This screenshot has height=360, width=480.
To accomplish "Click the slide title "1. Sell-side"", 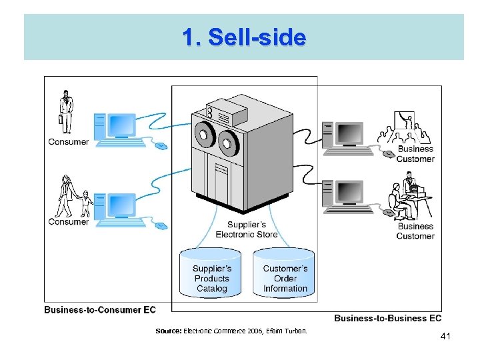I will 244,37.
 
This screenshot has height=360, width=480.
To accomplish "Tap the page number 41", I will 445,337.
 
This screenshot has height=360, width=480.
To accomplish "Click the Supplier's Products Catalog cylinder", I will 211,273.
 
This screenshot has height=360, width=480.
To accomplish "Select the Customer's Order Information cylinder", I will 285,273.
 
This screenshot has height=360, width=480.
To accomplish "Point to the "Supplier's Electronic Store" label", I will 246,229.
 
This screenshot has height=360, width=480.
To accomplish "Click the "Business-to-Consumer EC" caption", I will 100,310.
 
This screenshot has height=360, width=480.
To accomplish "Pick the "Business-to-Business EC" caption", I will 387,318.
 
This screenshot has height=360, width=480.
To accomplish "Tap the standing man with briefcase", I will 65,112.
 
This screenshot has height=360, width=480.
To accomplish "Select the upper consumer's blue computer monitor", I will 122,125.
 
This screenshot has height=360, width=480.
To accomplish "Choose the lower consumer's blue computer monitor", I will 122,205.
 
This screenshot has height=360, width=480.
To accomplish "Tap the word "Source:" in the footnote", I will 168,331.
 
